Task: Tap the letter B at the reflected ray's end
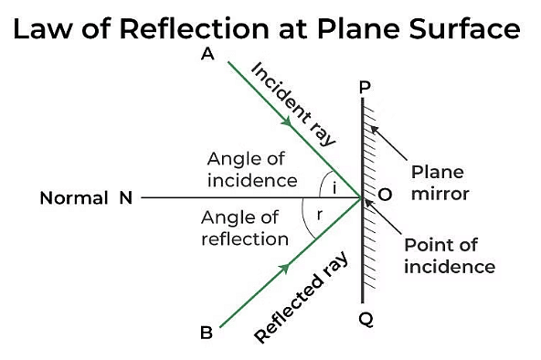coord(207,333)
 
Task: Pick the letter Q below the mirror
coord(365,320)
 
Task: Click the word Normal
coord(74,196)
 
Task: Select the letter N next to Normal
coord(126,196)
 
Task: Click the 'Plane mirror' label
coord(438,183)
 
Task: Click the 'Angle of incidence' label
coord(251,169)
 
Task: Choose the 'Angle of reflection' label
coord(244,228)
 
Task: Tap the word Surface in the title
coord(467,29)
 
